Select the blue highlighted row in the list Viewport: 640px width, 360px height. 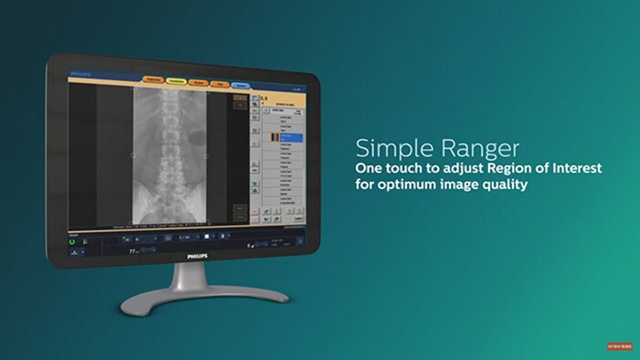290,135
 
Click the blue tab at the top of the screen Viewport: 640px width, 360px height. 240,84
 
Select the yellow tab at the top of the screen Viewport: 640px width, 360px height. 176,81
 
